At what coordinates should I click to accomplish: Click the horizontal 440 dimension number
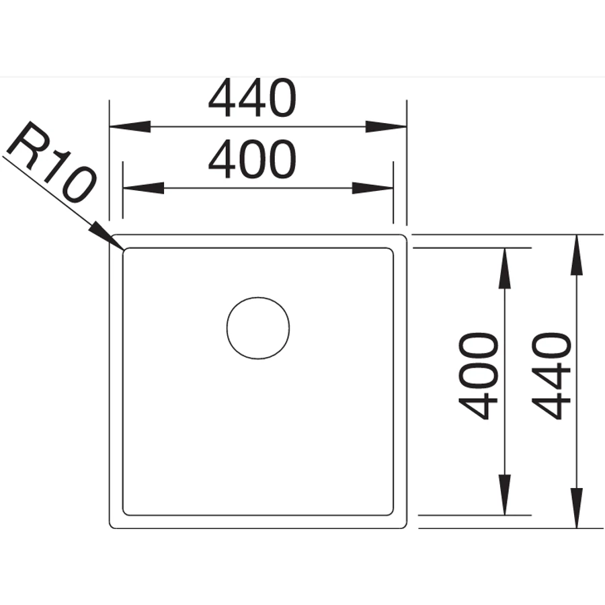[252, 98]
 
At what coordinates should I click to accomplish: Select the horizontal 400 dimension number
[252, 159]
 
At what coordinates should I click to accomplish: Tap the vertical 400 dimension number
[479, 376]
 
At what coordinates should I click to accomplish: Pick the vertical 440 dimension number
[551, 376]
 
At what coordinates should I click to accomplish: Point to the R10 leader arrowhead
[107, 236]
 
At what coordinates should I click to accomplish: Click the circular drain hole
[258, 328]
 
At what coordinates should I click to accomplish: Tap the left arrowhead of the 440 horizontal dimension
[130, 126]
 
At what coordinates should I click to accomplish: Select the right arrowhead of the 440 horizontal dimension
[387, 126]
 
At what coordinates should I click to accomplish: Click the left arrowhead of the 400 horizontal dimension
[143, 188]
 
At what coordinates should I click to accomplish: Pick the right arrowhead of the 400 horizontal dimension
[372, 188]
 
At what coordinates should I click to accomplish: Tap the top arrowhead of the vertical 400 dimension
[505, 268]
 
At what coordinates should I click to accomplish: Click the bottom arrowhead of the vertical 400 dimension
[505, 495]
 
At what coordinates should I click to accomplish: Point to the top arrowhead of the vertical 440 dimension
[577, 255]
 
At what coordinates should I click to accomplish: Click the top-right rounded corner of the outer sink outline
[405, 237]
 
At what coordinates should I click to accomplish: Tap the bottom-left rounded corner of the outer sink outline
[112, 526]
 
